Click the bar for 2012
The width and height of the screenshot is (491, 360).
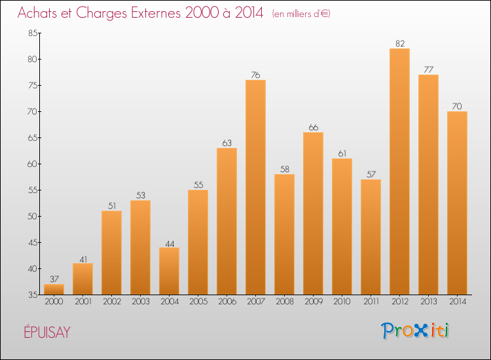(x=399, y=171)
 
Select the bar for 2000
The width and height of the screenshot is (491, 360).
(x=54, y=289)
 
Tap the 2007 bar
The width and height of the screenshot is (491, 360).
(x=255, y=187)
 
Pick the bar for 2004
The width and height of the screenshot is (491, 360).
(x=169, y=271)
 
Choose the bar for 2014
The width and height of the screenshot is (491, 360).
(x=457, y=203)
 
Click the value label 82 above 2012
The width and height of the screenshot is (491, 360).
(x=399, y=44)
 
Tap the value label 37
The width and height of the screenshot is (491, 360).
(x=54, y=279)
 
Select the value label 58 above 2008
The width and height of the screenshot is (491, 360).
(x=284, y=170)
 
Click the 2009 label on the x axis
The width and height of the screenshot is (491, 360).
(x=313, y=302)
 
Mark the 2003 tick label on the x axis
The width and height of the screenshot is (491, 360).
(x=140, y=302)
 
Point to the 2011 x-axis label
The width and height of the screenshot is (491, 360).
(x=371, y=302)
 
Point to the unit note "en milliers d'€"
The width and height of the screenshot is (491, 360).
(x=301, y=14)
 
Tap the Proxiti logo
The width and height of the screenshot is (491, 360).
(x=416, y=331)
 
